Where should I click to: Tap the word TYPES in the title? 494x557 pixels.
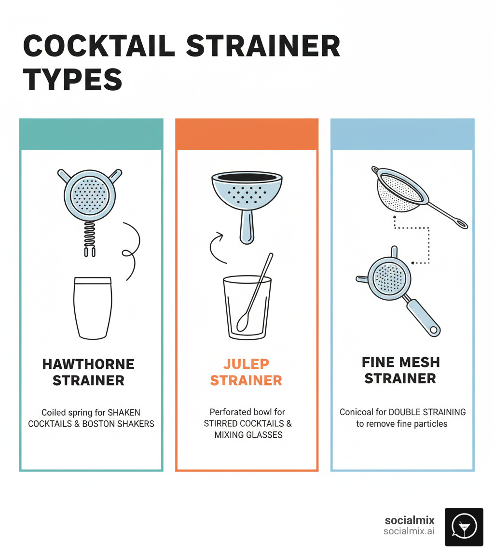click(72, 79)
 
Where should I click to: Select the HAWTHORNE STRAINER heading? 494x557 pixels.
click(89, 372)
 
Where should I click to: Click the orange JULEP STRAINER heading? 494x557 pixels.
click(246, 372)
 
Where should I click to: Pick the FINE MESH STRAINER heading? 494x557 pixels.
click(400, 370)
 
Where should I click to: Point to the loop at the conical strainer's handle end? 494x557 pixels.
click(460, 223)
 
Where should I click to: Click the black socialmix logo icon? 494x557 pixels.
click(464, 527)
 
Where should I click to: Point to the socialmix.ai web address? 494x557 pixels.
click(409, 531)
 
